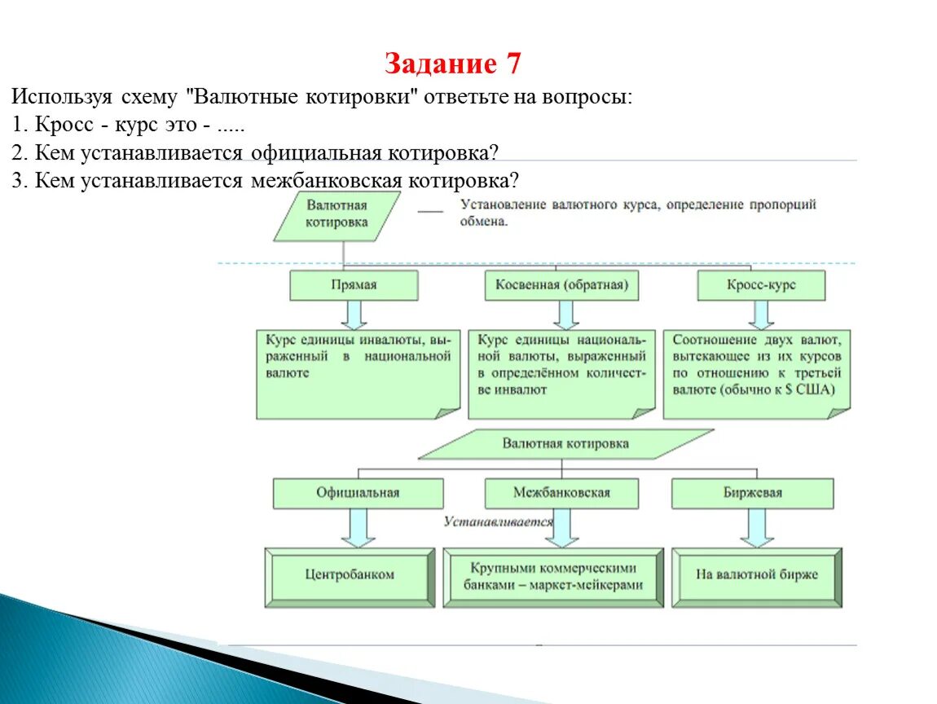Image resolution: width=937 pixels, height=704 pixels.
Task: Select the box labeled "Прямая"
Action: [x=354, y=285]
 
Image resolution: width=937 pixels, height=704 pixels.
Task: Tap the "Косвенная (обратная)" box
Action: [x=561, y=285]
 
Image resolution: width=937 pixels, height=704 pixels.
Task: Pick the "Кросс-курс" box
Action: [x=761, y=285]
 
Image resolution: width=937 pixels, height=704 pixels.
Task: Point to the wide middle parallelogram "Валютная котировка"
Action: [x=565, y=444]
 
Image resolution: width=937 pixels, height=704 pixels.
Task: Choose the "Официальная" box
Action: [x=358, y=493]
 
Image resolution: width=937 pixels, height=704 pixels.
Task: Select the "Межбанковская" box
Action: [x=561, y=493]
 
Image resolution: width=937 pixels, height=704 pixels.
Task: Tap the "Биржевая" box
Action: [x=752, y=493]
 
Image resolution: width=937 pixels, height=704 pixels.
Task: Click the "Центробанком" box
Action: [x=350, y=575]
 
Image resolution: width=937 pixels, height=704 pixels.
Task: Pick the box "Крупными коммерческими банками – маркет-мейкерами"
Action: [x=553, y=576]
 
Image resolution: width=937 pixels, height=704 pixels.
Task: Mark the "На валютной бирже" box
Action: [x=756, y=575]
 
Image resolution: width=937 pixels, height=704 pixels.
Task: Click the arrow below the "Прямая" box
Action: [x=354, y=315]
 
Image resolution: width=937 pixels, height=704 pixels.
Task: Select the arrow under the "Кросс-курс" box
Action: [x=762, y=315]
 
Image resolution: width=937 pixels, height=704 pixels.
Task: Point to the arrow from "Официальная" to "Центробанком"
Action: [x=357, y=528]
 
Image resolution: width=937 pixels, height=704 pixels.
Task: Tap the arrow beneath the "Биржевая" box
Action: [x=757, y=528]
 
